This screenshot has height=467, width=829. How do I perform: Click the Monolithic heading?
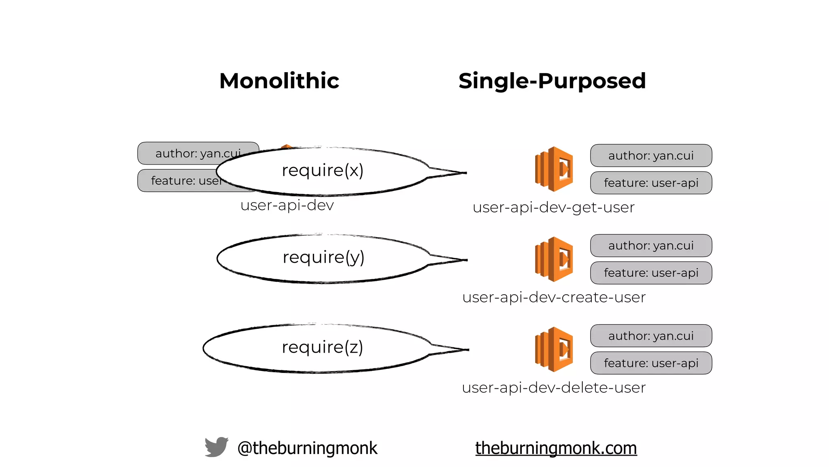279,81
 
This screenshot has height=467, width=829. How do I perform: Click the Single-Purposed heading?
552,81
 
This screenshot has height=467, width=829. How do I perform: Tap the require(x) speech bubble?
323,171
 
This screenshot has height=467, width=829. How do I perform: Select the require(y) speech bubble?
323,258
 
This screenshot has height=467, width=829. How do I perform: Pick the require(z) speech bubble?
322,348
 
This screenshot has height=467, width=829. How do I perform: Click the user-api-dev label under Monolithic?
287,206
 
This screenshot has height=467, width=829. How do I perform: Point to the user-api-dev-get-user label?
553,208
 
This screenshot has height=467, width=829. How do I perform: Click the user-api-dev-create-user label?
553,298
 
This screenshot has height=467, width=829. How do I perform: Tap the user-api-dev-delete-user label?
553,388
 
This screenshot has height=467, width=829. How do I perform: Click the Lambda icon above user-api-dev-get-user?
554,169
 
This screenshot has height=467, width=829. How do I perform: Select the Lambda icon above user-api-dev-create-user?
554,259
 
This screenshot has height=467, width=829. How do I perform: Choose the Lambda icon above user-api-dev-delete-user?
554,349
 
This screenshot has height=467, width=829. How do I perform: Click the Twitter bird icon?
216,447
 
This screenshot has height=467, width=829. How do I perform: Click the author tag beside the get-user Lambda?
650,156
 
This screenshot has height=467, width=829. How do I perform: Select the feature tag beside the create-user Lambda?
650,273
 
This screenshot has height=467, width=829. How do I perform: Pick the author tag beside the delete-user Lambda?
650,336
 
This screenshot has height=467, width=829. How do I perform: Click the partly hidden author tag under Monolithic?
182,153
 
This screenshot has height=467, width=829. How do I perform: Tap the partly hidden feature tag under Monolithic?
178,181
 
